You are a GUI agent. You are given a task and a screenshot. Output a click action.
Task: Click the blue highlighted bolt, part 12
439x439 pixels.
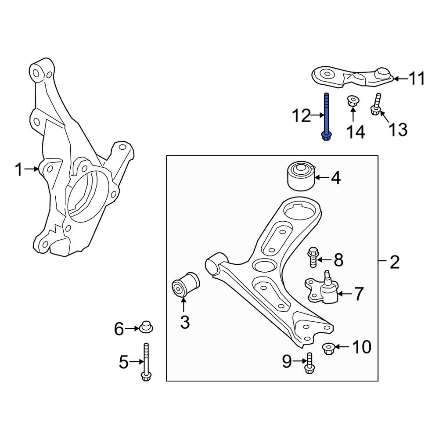(x=326, y=117)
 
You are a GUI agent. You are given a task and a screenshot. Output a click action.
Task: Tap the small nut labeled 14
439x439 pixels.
(x=352, y=101)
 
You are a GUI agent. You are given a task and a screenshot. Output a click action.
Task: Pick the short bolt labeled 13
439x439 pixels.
(x=376, y=105)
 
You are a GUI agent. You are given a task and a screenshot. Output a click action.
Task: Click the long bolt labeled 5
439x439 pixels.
(x=146, y=362)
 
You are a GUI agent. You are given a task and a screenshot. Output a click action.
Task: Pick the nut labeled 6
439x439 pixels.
(x=146, y=327)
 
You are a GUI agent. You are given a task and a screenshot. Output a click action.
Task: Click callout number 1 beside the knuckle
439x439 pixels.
(x=18, y=169)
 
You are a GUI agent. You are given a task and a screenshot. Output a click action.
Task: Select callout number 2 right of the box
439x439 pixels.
(x=395, y=263)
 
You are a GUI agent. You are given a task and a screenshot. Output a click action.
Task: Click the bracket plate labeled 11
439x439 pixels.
(x=351, y=76)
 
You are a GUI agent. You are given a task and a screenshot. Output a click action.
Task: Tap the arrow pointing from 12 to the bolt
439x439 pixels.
(x=317, y=116)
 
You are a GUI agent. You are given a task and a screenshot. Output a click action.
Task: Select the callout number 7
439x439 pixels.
(x=359, y=294)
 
